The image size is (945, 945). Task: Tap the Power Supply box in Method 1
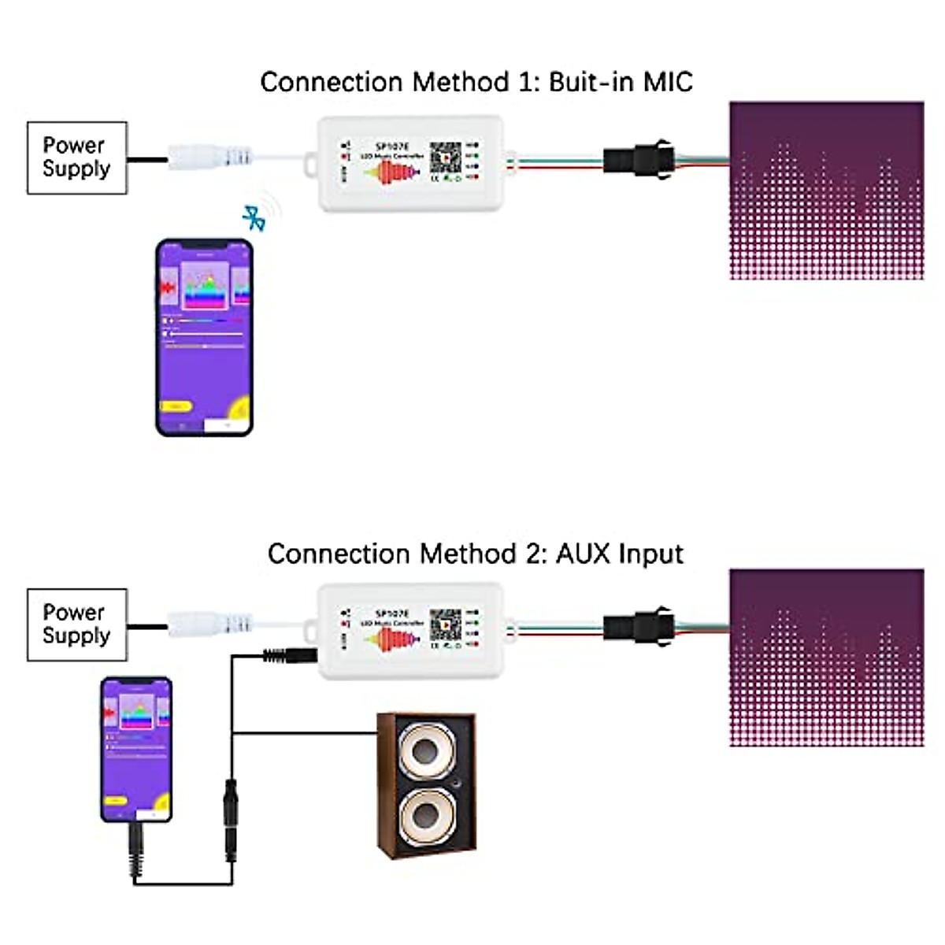[x=76, y=157]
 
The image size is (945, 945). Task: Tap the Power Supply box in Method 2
[x=76, y=624]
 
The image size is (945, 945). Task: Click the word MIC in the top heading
[x=668, y=82]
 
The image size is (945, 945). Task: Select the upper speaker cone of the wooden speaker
[x=427, y=749]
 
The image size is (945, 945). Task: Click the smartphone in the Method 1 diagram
[x=205, y=337]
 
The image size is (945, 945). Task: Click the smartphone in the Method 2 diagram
[x=136, y=748]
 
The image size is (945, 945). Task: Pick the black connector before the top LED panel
[x=638, y=157]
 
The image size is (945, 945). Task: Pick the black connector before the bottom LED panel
[x=638, y=624]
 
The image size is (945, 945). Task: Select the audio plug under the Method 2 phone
[x=135, y=850]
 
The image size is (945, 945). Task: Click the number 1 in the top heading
[x=526, y=82]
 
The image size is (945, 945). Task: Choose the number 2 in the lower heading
[x=533, y=554]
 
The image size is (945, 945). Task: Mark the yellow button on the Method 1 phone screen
[x=176, y=406]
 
